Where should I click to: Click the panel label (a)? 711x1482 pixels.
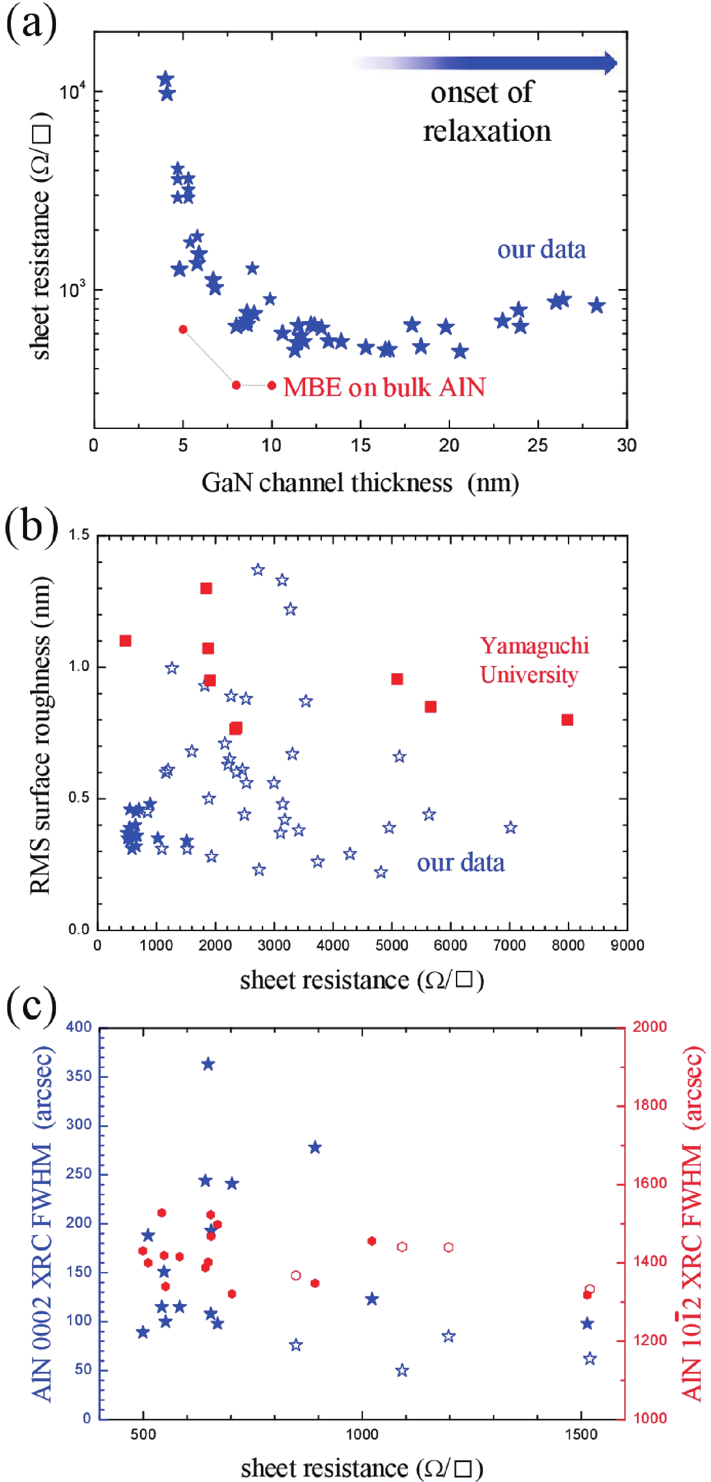click(31, 23)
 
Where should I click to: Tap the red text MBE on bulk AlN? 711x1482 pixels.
click(384, 387)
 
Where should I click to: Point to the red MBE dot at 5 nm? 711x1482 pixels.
click(183, 330)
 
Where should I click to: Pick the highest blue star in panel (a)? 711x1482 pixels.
click(166, 79)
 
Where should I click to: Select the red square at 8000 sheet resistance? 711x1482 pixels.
click(567, 720)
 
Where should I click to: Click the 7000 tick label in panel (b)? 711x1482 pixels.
click(510, 945)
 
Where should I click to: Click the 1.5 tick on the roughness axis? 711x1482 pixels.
click(79, 535)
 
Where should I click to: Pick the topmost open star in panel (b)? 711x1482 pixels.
click(258, 569)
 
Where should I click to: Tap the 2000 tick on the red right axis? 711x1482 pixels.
click(650, 1026)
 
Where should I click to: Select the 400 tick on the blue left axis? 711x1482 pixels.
click(79, 1026)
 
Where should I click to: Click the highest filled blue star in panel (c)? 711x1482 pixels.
click(208, 1064)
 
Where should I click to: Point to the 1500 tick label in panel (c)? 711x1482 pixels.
click(581, 1434)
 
